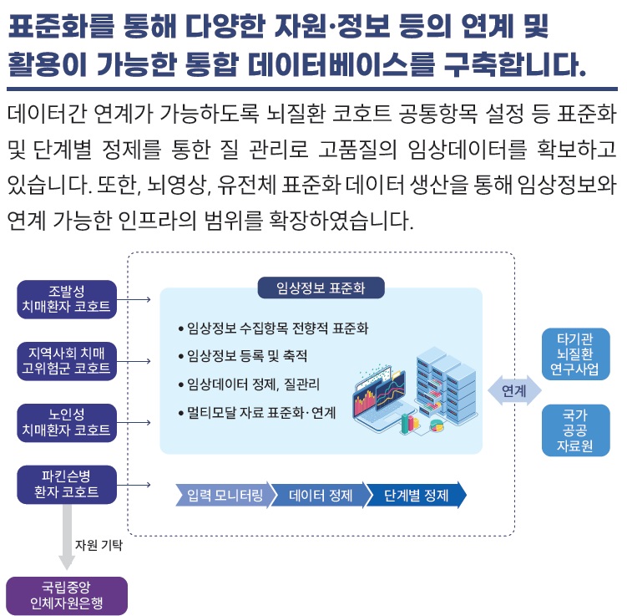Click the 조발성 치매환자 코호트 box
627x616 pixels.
(67, 298)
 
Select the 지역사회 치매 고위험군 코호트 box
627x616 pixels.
(67, 360)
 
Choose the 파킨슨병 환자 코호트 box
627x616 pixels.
(67, 484)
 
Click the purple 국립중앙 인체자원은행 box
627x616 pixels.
(67, 595)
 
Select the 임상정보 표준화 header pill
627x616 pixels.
(320, 288)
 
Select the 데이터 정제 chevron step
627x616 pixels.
(320, 495)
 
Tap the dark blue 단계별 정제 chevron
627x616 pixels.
(416, 495)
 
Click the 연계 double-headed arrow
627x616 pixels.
(513, 390)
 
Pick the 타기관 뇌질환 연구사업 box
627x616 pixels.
(575, 354)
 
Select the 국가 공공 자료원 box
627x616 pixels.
(575, 430)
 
